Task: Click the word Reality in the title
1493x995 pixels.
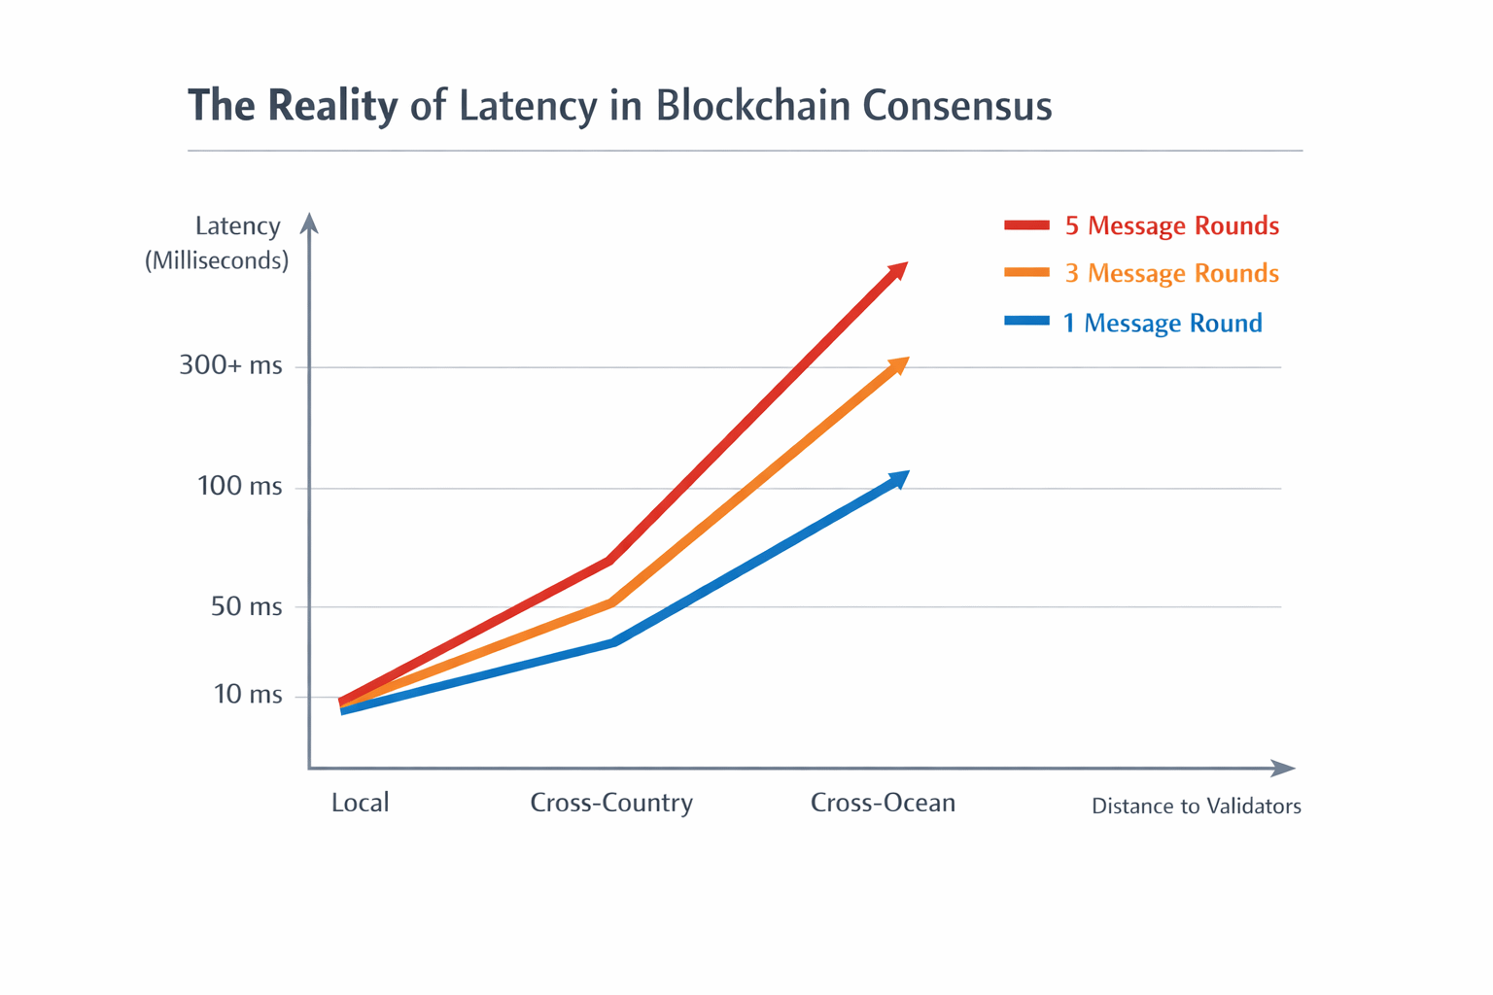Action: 332,106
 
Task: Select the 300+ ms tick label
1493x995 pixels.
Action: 230,366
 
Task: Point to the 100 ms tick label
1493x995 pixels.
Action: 239,486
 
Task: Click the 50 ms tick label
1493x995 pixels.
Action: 246,607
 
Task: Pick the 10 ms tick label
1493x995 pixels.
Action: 248,695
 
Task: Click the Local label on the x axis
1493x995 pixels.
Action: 360,803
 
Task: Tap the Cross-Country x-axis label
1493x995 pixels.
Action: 611,803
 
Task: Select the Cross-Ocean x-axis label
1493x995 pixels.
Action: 883,803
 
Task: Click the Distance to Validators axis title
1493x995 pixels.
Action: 1196,806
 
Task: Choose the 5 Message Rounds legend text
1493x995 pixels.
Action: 1171,225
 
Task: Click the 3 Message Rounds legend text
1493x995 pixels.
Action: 1171,273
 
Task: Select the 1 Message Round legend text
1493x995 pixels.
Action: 1163,323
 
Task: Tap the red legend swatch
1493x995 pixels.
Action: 1026,225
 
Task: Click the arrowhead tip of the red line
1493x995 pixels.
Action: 905,264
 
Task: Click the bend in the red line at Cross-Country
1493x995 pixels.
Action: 609,560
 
